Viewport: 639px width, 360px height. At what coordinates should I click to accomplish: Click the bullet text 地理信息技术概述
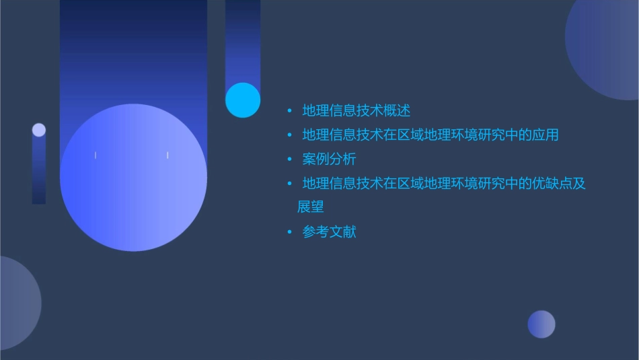coord(356,110)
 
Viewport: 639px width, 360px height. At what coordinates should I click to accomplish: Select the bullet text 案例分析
coord(329,159)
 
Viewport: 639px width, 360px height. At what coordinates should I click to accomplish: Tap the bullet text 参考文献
coord(329,232)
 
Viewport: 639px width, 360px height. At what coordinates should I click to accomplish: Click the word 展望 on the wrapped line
coord(311,207)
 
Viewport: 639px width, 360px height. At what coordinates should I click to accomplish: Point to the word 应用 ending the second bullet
coord(546,135)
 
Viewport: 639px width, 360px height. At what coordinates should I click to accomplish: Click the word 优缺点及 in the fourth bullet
coord(559,183)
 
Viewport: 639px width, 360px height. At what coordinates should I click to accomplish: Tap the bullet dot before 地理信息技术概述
coord(290,110)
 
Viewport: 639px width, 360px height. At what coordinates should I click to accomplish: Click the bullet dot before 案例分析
coord(290,159)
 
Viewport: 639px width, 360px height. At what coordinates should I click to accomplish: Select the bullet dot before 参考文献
coord(290,232)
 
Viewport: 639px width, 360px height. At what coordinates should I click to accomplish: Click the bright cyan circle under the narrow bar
coord(242,100)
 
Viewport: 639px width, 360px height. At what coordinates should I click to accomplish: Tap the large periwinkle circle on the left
coord(133,178)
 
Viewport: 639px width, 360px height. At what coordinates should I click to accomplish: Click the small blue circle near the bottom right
coord(541,324)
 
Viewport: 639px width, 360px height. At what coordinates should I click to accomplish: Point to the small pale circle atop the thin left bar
coord(39,130)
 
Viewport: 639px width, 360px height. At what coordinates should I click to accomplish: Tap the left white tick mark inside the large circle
coord(96,155)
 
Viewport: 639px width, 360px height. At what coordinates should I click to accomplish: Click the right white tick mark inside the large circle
coord(167,155)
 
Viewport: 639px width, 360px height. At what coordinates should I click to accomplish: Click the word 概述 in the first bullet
coord(397,110)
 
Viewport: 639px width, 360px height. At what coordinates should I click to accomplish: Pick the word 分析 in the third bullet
coord(342,159)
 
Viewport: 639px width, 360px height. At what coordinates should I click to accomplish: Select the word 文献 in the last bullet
coord(342,232)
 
